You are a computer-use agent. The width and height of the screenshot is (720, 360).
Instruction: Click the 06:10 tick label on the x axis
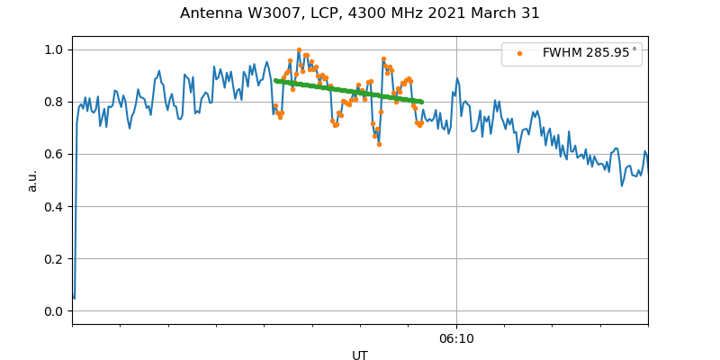tap(456, 338)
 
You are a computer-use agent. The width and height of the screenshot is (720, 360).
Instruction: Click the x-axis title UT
tap(360, 355)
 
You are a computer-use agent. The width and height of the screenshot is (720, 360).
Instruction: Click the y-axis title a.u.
tap(32, 180)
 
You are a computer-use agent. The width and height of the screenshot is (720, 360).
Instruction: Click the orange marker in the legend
tap(519, 53)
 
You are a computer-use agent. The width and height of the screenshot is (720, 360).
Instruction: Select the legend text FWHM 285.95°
tap(589, 53)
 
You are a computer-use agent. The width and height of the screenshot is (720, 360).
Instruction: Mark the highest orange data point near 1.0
tap(299, 50)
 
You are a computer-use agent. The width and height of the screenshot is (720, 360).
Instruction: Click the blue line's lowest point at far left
tap(74, 298)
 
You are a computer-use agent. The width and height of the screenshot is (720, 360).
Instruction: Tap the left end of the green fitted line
tap(275, 80)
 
